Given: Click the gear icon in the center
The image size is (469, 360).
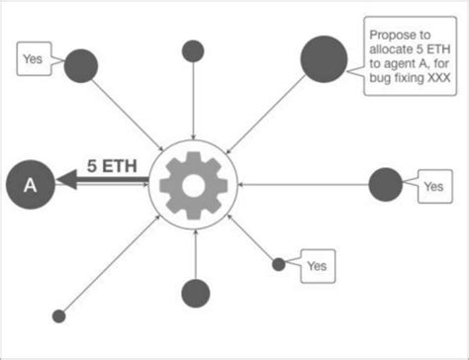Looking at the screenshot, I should (194, 184).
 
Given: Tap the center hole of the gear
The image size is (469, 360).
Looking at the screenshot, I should (194, 184).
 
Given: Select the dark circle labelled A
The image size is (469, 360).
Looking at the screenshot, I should (30, 184).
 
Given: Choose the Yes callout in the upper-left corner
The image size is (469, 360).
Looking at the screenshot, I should (34, 59).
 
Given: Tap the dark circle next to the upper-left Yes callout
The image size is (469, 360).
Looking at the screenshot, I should (81, 66).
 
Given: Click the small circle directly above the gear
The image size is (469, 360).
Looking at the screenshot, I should (194, 50).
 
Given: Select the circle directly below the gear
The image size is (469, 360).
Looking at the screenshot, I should (195, 292).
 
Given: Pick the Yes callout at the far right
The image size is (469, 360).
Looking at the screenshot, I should (432, 186).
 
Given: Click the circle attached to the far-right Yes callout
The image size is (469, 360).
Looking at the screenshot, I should (385, 184).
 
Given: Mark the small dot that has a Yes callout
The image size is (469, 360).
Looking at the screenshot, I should (279, 263).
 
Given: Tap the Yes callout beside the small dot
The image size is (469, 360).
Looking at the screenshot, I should (316, 265).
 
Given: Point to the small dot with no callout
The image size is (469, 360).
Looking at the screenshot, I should (58, 315).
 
